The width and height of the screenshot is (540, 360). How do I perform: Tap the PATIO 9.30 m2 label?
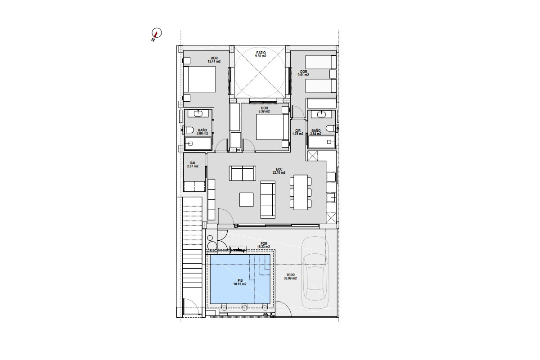pyautogui.click(x=261, y=54)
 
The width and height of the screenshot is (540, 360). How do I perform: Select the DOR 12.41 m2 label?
pyautogui.click(x=214, y=60)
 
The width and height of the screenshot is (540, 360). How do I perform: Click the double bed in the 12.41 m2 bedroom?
pyautogui.click(x=199, y=79)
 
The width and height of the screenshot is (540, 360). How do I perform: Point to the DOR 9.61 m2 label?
pyautogui.click(x=303, y=73)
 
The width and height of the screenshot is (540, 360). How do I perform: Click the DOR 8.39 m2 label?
pyautogui.click(x=264, y=110)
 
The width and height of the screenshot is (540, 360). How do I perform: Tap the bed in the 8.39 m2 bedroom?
pyautogui.click(x=272, y=127)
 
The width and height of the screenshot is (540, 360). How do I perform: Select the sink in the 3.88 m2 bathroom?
pyautogui.click(x=198, y=113)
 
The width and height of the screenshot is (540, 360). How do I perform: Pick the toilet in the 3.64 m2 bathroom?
pyautogui.click(x=330, y=128)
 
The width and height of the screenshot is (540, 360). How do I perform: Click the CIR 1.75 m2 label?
pyautogui.click(x=298, y=132)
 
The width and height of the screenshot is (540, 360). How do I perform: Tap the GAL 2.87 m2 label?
pyautogui.click(x=193, y=165)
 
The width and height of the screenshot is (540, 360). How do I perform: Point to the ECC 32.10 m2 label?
pyautogui.click(x=279, y=171)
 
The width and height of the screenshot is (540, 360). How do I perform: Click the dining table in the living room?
pyautogui.click(x=301, y=192)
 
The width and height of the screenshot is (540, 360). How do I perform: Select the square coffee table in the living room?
pyautogui.click(x=247, y=199)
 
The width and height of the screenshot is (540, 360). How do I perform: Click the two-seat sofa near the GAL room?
pyautogui.click(x=242, y=173)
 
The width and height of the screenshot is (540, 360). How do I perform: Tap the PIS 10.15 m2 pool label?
pyautogui.click(x=240, y=282)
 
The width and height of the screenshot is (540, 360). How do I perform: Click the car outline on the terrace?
pyautogui.click(x=315, y=272)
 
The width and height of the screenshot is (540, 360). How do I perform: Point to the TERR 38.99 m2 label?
pyautogui.click(x=290, y=277)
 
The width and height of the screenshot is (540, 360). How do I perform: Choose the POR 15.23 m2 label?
pyautogui.click(x=264, y=245)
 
